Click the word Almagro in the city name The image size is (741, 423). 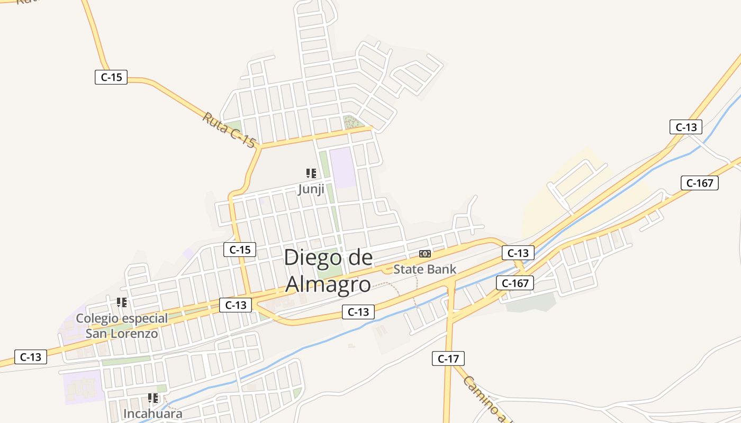point(328,284)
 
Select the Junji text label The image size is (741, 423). point(311,189)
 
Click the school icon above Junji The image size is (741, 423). point(311,173)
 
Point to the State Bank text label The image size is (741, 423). point(424,269)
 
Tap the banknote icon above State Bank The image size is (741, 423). point(424,254)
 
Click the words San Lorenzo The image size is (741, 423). point(122,334)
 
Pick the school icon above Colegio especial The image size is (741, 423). point(122,302)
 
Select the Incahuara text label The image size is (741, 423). point(152,413)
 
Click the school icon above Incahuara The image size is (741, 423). point(153,398)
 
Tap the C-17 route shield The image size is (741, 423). point(448,358)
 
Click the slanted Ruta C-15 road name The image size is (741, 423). point(229,129)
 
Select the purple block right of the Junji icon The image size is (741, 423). point(342,167)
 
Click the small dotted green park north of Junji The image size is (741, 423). point(350,122)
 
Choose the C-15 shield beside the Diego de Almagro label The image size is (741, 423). point(240,250)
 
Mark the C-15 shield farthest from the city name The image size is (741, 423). point(111,77)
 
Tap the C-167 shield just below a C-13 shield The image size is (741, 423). point(515,283)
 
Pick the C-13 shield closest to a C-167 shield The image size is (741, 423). point(518,253)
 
